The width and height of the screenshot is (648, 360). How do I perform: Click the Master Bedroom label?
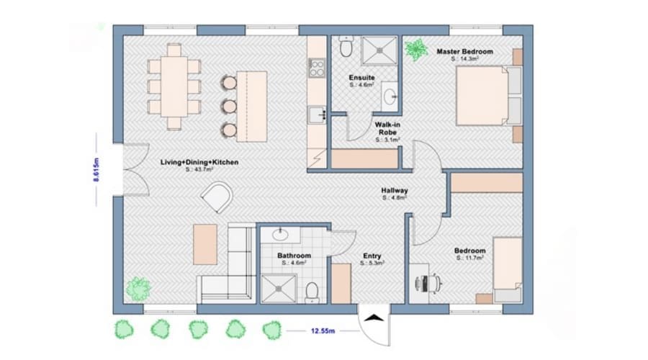[x=464, y=52]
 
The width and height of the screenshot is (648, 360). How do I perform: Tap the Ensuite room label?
[x=361, y=77]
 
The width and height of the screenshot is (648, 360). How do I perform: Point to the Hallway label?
[x=395, y=191]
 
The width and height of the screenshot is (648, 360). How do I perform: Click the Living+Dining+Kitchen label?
[x=199, y=163]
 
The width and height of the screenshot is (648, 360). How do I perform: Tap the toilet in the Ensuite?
[x=346, y=48]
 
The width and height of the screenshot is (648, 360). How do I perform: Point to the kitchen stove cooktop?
[x=317, y=68]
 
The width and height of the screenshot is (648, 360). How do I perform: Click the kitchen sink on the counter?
[x=317, y=114]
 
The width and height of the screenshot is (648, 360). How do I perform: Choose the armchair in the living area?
[x=217, y=197]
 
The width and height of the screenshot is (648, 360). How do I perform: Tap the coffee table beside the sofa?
[x=204, y=243]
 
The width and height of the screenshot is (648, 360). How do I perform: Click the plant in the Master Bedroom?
[x=415, y=50]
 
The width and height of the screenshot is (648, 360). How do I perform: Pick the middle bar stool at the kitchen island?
[x=229, y=106]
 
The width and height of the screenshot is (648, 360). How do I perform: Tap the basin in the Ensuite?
[x=390, y=95]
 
